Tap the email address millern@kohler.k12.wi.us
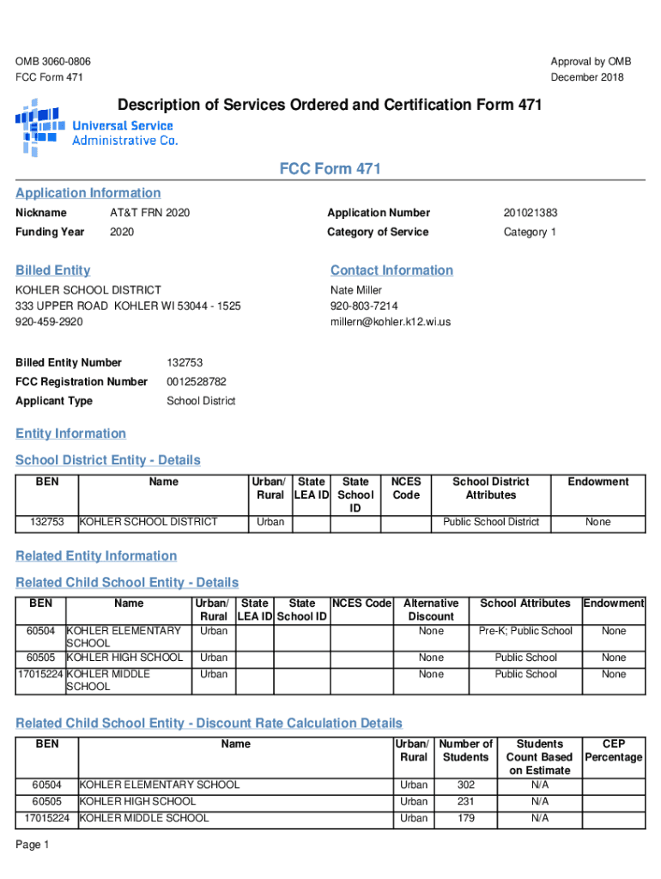[391, 322]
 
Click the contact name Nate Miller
[356, 290]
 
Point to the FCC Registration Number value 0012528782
[197, 381]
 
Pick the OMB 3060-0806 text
[53, 62]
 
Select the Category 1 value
[530, 232]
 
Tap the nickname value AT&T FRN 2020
[149, 213]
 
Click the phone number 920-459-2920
[49, 322]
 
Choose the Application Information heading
[88, 193]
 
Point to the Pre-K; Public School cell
[525, 631]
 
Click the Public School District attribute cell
[491, 522]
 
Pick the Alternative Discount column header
[431, 609]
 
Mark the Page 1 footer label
[33, 846]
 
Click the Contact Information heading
[391, 270]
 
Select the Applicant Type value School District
[201, 401]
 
